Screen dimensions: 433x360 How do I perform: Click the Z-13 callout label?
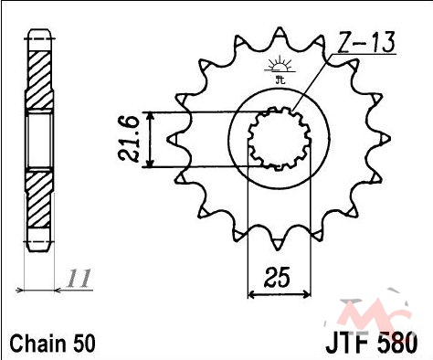366,43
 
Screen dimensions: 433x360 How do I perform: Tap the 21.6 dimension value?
129,139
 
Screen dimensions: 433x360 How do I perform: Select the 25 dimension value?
277,278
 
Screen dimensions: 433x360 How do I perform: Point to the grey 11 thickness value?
79,279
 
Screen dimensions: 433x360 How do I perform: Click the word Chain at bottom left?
37,344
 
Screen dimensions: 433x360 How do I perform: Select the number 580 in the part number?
397,344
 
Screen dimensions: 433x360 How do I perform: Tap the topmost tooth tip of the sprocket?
280,28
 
